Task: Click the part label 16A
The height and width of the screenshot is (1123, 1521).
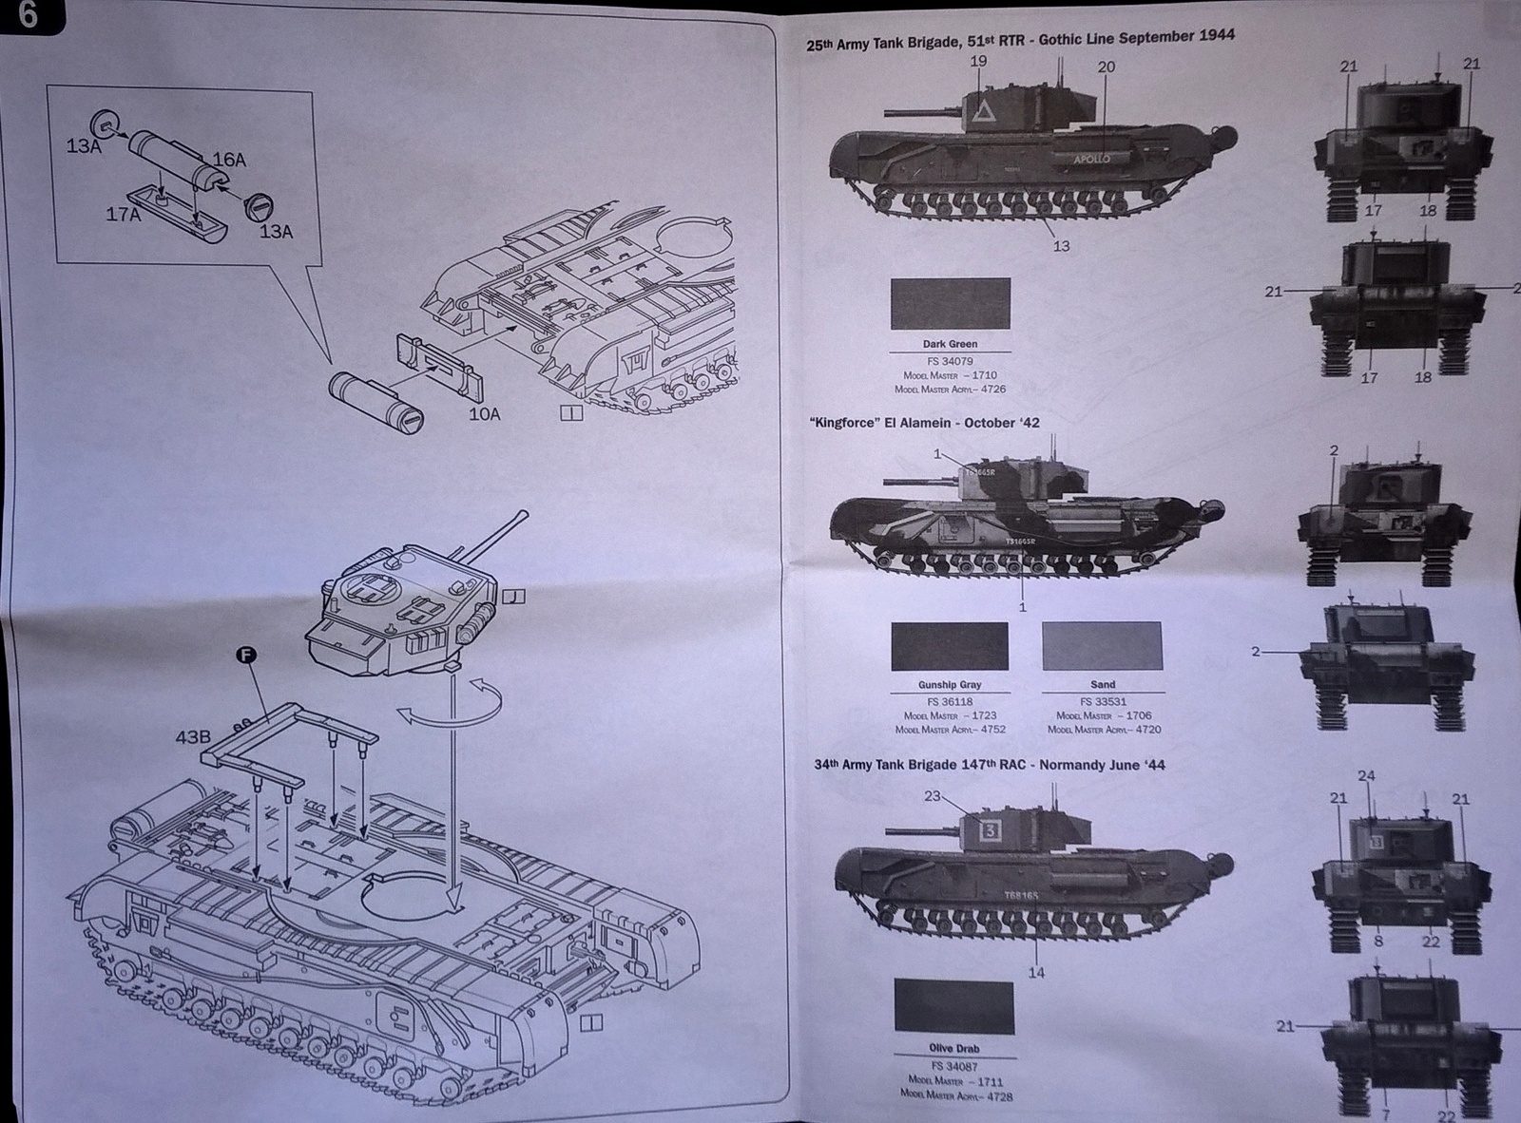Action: tap(228, 161)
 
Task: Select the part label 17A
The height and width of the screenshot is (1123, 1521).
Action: tap(124, 215)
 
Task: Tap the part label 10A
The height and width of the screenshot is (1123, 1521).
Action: tap(484, 413)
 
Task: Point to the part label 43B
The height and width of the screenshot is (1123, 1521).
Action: tap(192, 736)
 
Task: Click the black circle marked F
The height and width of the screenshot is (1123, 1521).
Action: tap(245, 655)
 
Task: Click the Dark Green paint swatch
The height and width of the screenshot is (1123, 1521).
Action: tap(950, 304)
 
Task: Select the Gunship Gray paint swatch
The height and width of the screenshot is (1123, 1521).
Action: tap(949, 647)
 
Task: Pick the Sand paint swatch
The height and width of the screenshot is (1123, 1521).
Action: tap(1102, 647)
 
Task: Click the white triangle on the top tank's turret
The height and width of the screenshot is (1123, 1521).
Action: tap(983, 117)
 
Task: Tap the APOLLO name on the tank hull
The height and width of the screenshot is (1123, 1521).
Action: tap(1090, 159)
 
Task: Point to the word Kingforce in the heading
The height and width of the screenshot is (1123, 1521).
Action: tap(843, 423)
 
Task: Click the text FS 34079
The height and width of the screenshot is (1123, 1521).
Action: tap(950, 361)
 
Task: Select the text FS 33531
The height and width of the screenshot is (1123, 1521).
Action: tap(1103, 702)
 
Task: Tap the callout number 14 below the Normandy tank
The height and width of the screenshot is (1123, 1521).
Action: tap(1036, 972)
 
